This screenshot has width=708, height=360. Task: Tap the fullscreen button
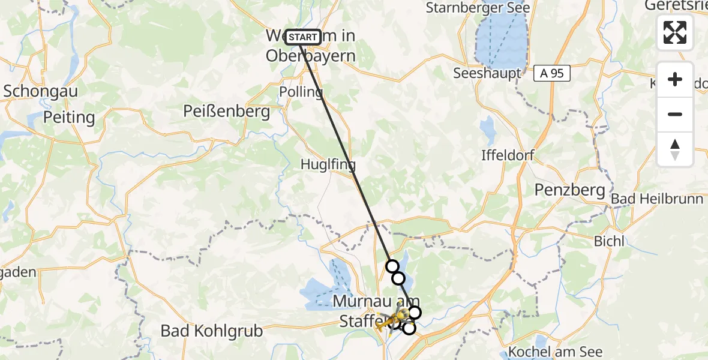click(675, 32)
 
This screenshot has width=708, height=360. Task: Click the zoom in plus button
click(675, 79)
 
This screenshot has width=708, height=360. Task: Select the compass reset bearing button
click(675, 149)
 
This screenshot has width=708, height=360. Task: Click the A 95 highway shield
click(552, 73)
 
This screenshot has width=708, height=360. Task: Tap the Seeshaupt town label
click(487, 73)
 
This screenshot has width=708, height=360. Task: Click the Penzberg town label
click(569, 190)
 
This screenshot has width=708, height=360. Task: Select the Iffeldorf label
click(508, 155)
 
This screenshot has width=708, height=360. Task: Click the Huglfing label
click(328, 164)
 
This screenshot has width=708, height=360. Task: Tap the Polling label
click(301, 92)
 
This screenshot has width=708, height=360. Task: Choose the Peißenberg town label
click(227, 112)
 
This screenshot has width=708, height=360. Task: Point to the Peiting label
click(69, 117)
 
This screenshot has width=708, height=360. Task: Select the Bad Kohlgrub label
click(212, 331)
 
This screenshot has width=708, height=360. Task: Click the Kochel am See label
click(555, 352)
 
